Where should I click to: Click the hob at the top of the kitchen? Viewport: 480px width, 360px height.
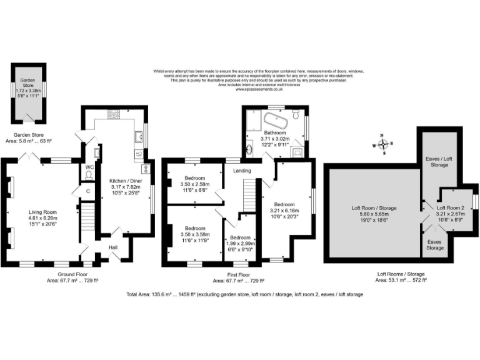click(114, 114)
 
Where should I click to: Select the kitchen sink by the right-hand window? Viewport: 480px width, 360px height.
click(137, 135)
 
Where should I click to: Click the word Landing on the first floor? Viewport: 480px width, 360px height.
click(242, 170)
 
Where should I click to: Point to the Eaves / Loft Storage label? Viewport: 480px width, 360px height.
click(441, 161)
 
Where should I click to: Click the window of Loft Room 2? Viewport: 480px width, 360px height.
click(475, 201)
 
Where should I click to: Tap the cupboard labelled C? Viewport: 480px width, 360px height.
click(88, 191)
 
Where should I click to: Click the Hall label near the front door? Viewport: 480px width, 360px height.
click(114, 247)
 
